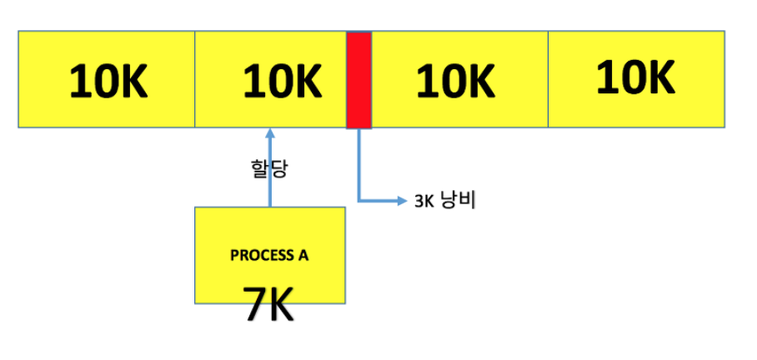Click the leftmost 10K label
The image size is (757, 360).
(x=109, y=82)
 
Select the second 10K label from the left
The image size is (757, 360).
(x=283, y=82)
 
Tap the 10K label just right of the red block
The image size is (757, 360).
(x=455, y=82)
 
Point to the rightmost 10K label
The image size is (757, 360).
(x=635, y=78)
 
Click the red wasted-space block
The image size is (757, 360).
(x=358, y=80)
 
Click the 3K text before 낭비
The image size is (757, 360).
(x=423, y=202)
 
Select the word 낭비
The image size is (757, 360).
(x=457, y=201)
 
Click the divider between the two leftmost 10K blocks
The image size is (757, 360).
(x=195, y=80)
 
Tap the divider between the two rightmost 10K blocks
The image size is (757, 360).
(x=548, y=80)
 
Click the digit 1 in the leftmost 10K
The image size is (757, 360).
(x=78, y=82)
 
